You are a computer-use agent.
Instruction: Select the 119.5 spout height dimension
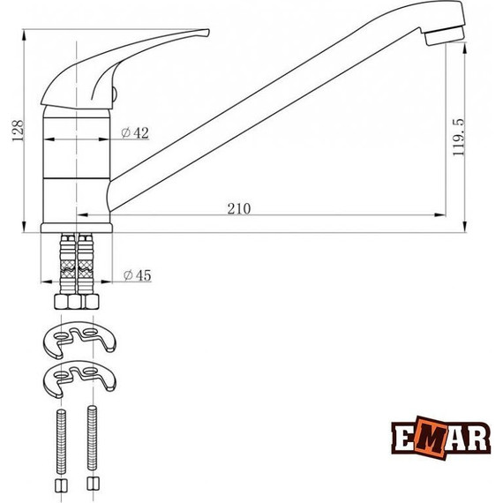pyautogui.click(x=458, y=137)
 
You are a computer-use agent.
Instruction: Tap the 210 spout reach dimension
pyautogui.click(x=238, y=208)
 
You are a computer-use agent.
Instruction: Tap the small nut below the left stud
pyautogui.click(x=60, y=487)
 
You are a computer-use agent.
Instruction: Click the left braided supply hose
pyautogui.click(x=66, y=265)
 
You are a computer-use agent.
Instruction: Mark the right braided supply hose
pyautogui.click(x=86, y=265)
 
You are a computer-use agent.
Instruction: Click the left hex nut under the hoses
pyautogui.click(x=65, y=303)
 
